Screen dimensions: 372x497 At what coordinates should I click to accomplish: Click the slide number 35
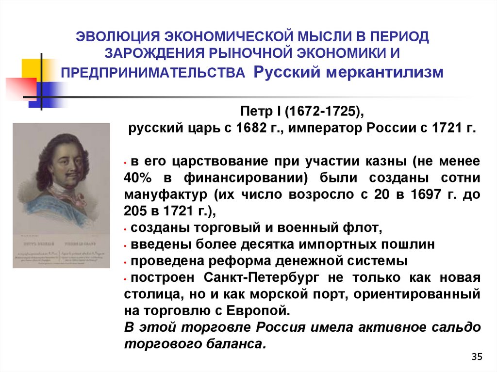pos(477,357)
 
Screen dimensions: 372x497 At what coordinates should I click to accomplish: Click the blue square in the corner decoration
pos(51,93)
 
